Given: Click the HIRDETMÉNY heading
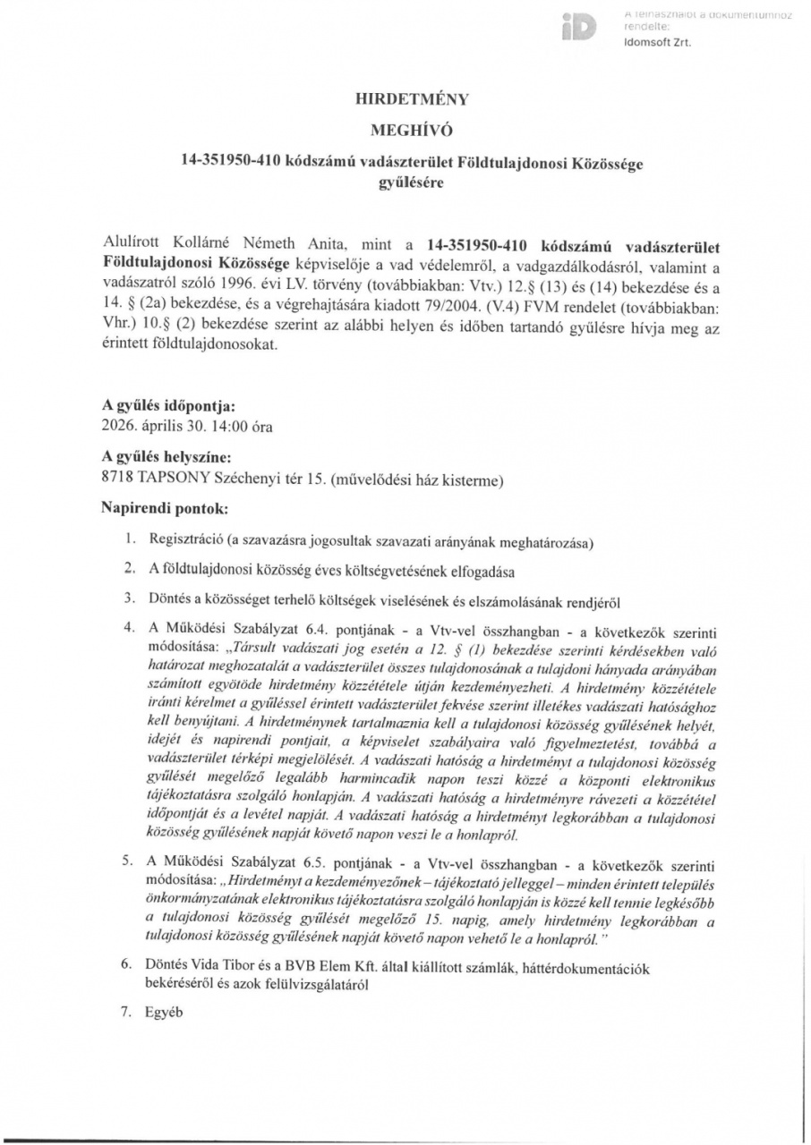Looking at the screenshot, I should click(405, 100).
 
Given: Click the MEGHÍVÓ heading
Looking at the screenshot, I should click(405, 131).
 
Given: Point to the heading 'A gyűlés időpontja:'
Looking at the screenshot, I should click(171, 404).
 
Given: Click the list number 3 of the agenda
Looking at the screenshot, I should click(130, 597).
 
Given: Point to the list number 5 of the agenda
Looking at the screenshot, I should click(130, 861).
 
